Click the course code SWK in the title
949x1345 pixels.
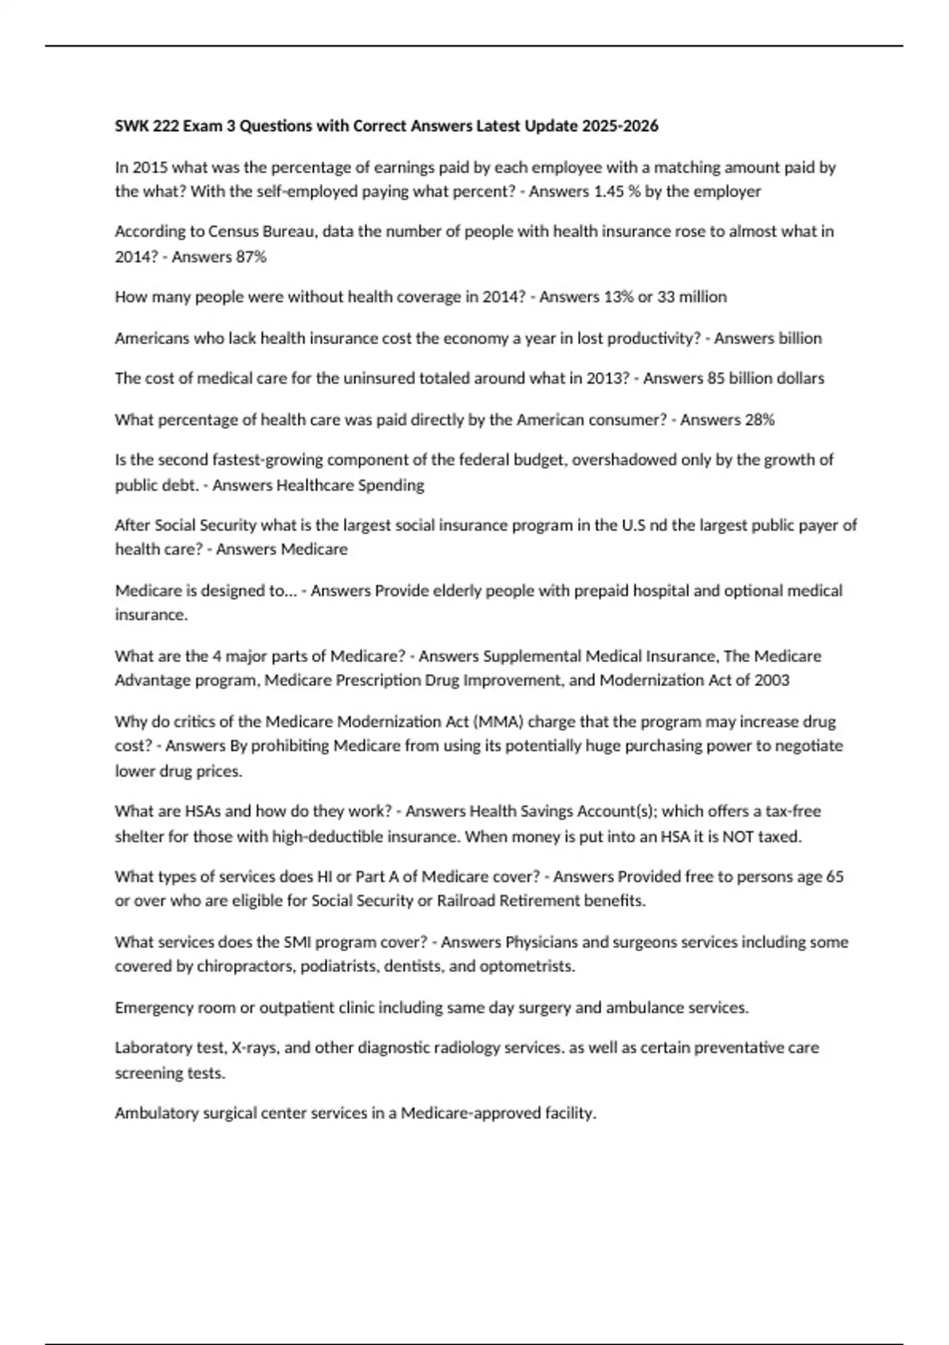pos(129,126)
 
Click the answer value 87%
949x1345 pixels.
pos(251,256)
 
